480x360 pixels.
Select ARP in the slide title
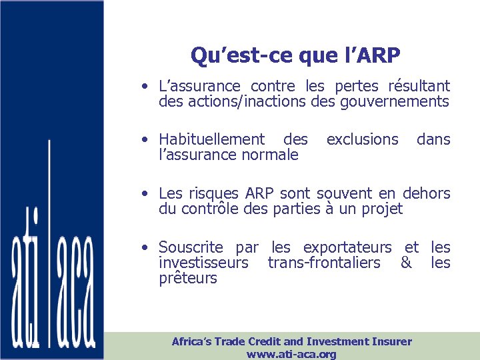(383, 55)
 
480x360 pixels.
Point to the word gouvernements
(395, 102)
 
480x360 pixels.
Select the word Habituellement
(211, 139)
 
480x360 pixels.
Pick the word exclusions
(362, 139)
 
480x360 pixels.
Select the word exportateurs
(353, 247)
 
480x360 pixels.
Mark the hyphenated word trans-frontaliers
(324, 263)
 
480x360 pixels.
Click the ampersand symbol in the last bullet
(405, 263)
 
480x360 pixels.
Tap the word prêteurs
(188, 279)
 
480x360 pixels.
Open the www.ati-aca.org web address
(291, 354)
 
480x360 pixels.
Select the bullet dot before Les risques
(145, 194)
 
